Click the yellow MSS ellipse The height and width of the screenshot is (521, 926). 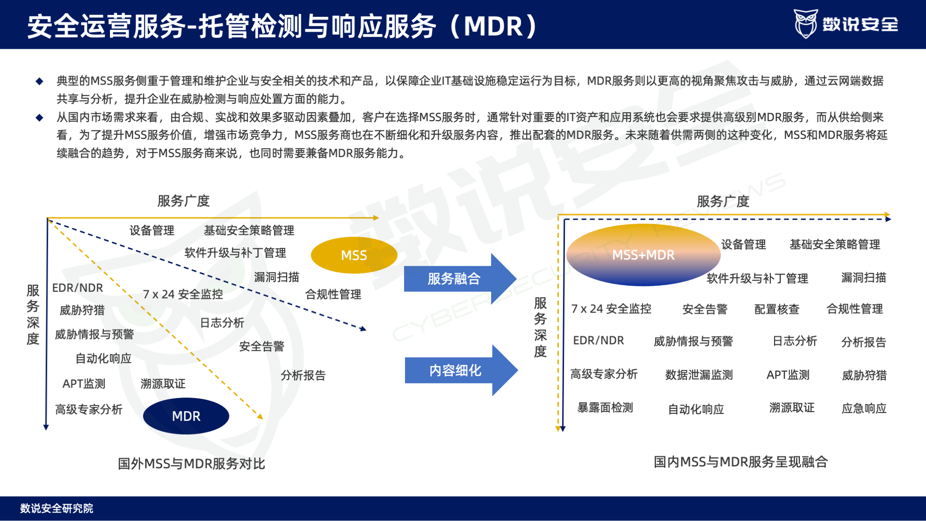[354, 255]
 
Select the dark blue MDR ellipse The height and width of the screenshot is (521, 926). [186, 416]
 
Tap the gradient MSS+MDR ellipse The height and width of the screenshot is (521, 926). [643, 255]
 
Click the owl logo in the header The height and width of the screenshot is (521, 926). [805, 23]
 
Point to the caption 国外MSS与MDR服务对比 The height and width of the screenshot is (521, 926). [191, 463]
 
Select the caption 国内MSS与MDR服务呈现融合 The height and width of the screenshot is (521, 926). [741, 462]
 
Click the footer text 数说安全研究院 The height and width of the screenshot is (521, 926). [57, 508]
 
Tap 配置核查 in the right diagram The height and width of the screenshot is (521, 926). [777, 309]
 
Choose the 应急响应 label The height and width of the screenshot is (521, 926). [864, 408]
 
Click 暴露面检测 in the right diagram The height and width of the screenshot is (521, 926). [605, 408]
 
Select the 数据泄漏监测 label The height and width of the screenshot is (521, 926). [699, 375]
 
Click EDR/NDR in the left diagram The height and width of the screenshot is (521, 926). [78, 288]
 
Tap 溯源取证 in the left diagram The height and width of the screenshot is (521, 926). [163, 384]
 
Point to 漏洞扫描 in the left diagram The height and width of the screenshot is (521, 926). [276, 277]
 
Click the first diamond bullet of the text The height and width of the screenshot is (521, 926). [40, 81]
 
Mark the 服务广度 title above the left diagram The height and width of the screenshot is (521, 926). [183, 201]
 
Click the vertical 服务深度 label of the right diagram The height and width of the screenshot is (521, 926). [540, 327]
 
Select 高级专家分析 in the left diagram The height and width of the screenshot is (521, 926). [89, 410]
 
